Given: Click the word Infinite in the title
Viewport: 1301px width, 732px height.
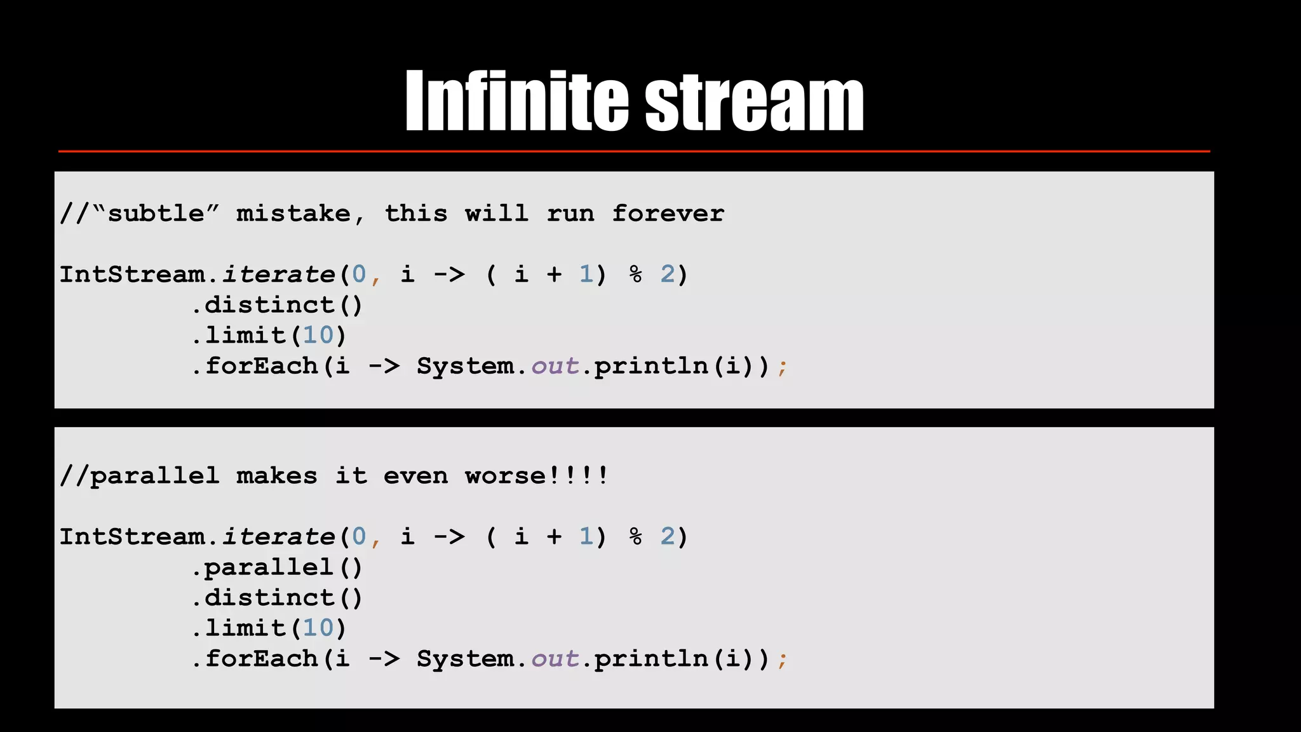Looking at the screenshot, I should click(x=516, y=101).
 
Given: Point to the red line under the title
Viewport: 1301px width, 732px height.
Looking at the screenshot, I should click(x=634, y=151).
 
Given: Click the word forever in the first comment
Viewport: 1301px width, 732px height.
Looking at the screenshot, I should click(x=668, y=213).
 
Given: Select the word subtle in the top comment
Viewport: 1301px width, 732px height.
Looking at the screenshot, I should click(x=156, y=213).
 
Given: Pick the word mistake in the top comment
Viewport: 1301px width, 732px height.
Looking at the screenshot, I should click(x=293, y=213).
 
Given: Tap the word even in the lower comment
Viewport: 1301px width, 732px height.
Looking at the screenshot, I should click(x=415, y=476).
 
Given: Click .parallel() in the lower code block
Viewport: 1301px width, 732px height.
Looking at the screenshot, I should click(x=277, y=567).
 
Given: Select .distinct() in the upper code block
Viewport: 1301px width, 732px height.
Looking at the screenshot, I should click(x=277, y=306).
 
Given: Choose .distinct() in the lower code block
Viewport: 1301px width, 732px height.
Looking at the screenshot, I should click(x=277, y=598).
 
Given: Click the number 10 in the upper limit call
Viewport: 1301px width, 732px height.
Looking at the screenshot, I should click(x=318, y=335).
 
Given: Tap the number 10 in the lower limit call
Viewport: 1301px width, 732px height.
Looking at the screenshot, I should click(x=318, y=628).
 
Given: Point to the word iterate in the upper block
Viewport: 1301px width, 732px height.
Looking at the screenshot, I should click(x=278, y=274).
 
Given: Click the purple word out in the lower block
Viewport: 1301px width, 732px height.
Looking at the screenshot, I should click(x=555, y=659).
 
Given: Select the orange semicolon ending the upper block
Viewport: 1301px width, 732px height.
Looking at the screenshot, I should click(x=782, y=367).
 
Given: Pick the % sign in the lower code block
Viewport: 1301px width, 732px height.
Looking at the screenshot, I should click(x=635, y=537).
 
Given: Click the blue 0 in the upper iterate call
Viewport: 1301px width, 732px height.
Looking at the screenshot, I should click(x=359, y=274).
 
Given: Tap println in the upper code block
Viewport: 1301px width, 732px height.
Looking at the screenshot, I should click(x=651, y=367).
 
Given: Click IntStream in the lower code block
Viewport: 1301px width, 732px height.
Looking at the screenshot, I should click(x=132, y=537).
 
